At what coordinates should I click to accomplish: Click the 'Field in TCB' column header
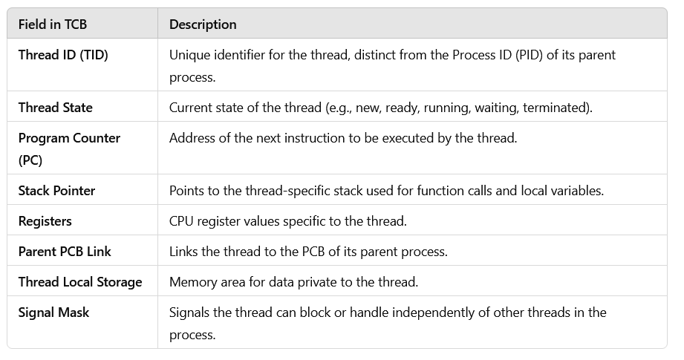[x=52, y=24]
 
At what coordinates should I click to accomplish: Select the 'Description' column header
[x=203, y=24]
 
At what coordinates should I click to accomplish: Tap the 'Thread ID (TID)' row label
[x=63, y=54]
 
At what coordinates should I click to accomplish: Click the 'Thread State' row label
[x=56, y=107]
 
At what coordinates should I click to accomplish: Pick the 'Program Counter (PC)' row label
[x=69, y=137]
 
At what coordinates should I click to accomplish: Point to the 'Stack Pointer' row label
[x=56, y=190]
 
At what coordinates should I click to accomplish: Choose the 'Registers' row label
[x=45, y=221]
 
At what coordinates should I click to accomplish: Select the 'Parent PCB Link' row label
[x=65, y=252]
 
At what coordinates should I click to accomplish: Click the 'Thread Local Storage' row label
[x=80, y=282]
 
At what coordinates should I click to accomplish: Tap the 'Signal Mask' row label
[x=53, y=312]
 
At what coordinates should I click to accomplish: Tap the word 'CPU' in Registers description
[x=182, y=221]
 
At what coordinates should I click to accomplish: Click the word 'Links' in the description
[x=184, y=252]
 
